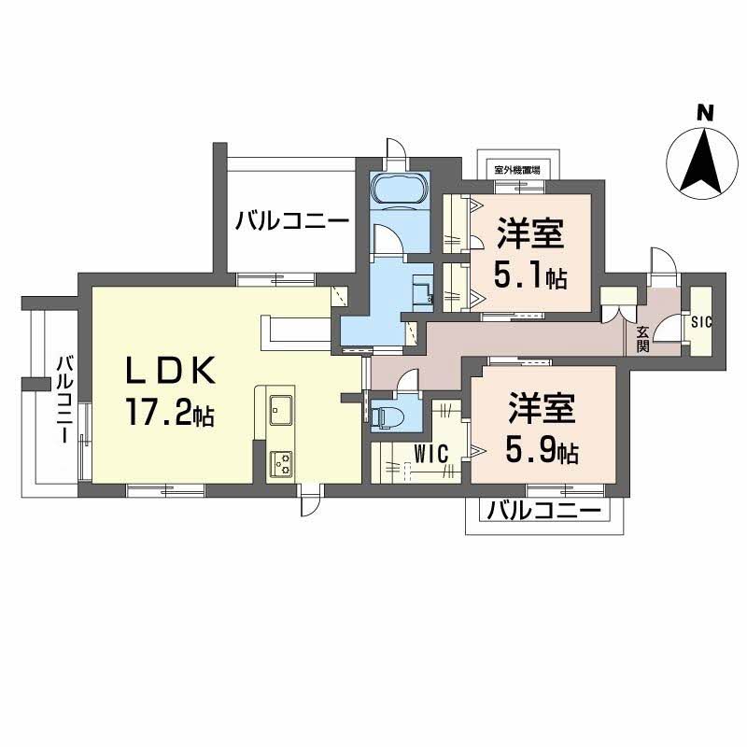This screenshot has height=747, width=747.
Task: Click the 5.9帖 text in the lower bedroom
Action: click(543, 452)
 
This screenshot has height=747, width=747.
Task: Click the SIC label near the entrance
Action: click(701, 322)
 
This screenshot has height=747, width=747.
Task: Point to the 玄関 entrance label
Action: click(643, 338)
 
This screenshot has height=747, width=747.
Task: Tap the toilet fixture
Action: click(386, 415)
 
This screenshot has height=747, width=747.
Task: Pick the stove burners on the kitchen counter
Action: click(281, 462)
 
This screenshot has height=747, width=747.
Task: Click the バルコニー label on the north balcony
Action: click(292, 222)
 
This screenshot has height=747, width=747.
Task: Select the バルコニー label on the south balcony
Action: click(543, 511)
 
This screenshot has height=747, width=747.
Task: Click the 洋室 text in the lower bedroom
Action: click(542, 410)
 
